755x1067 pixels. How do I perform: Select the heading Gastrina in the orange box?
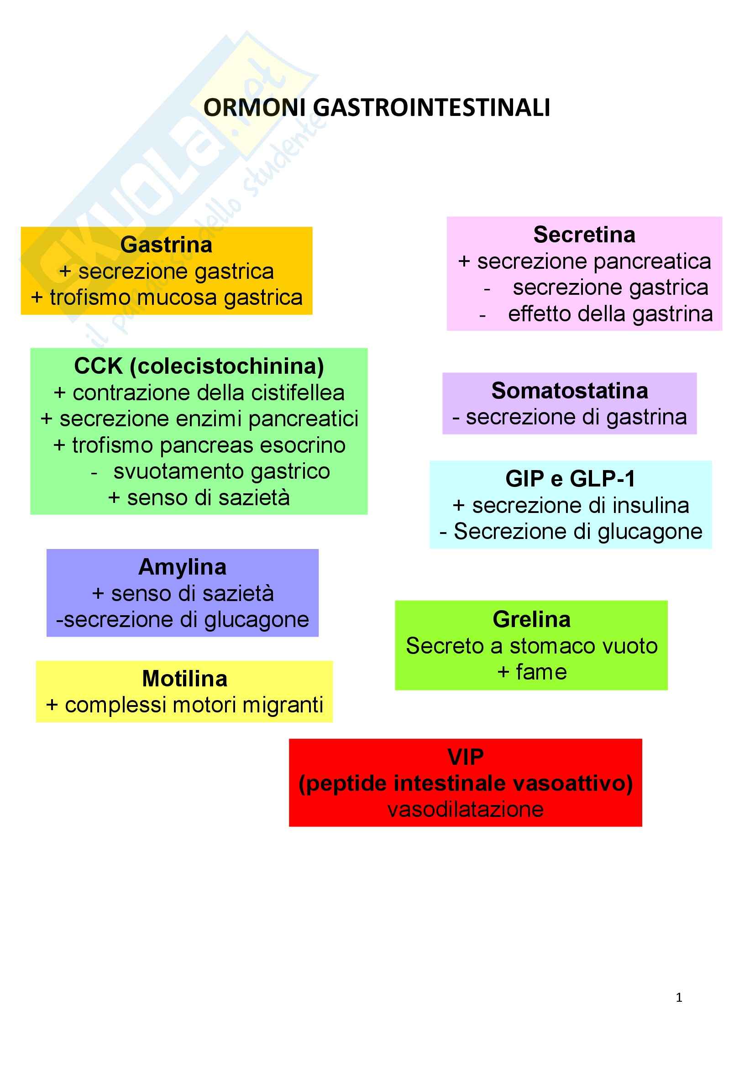167,245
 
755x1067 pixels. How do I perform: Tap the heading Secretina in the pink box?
584,235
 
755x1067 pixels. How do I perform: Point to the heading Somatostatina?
570,391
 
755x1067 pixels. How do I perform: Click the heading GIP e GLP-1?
571,479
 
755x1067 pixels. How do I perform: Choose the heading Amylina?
182,567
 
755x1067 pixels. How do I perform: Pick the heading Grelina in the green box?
531,620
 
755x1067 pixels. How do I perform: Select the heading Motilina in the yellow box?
184,679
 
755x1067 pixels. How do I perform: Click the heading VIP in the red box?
465,758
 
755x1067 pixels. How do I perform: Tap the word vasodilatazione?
465,810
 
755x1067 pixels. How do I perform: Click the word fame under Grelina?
541,672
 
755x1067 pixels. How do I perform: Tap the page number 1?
679,998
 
